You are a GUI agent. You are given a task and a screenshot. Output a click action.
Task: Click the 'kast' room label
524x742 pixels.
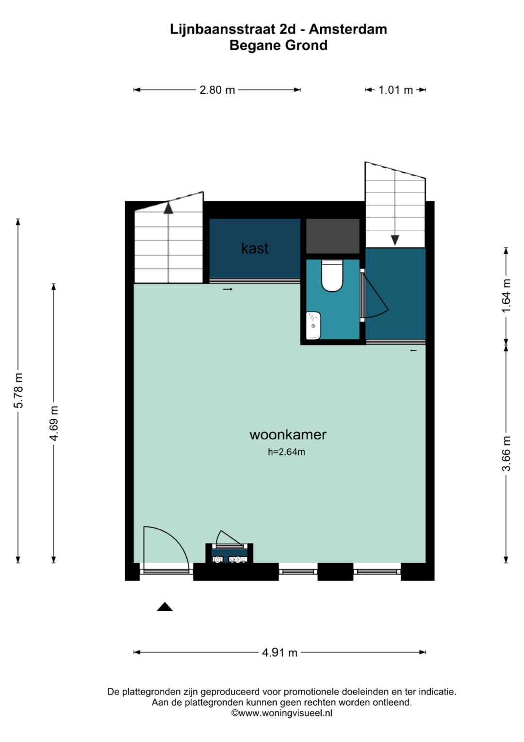tap(255, 248)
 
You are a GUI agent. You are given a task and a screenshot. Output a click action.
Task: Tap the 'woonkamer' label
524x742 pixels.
tap(288, 434)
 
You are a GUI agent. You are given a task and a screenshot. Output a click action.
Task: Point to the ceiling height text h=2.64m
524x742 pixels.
tap(286, 452)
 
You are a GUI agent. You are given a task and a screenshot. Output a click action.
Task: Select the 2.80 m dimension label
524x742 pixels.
tap(217, 90)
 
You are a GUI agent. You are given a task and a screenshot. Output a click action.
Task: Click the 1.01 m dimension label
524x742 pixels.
tap(395, 90)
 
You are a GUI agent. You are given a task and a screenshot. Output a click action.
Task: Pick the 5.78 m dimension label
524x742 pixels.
tap(19, 391)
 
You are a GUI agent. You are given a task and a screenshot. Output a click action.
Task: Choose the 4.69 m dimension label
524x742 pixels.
tap(54, 423)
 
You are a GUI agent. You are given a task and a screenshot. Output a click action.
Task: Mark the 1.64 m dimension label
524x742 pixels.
tap(506, 295)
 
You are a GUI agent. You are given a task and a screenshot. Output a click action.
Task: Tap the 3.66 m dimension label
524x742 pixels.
tap(506, 453)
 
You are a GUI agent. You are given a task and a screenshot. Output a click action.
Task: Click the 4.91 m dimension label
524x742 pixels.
tap(279, 653)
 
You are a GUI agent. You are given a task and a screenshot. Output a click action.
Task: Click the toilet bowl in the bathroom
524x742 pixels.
tap(332, 275)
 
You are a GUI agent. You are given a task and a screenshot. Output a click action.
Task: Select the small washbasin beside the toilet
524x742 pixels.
tap(313, 325)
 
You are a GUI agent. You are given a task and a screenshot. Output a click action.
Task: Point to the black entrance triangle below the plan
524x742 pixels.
tap(165, 606)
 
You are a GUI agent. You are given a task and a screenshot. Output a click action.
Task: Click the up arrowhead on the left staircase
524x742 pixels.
tap(168, 207)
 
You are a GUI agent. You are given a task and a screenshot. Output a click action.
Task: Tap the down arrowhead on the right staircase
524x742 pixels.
tap(395, 240)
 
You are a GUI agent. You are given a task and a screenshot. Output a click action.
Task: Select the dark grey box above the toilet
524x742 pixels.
tap(332, 236)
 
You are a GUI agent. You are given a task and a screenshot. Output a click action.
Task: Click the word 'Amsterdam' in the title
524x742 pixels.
tap(348, 29)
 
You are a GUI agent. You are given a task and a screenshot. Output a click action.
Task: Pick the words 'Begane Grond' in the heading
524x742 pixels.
tap(278, 45)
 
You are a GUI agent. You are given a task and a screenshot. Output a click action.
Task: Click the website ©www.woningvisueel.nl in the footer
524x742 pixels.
tap(281, 712)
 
